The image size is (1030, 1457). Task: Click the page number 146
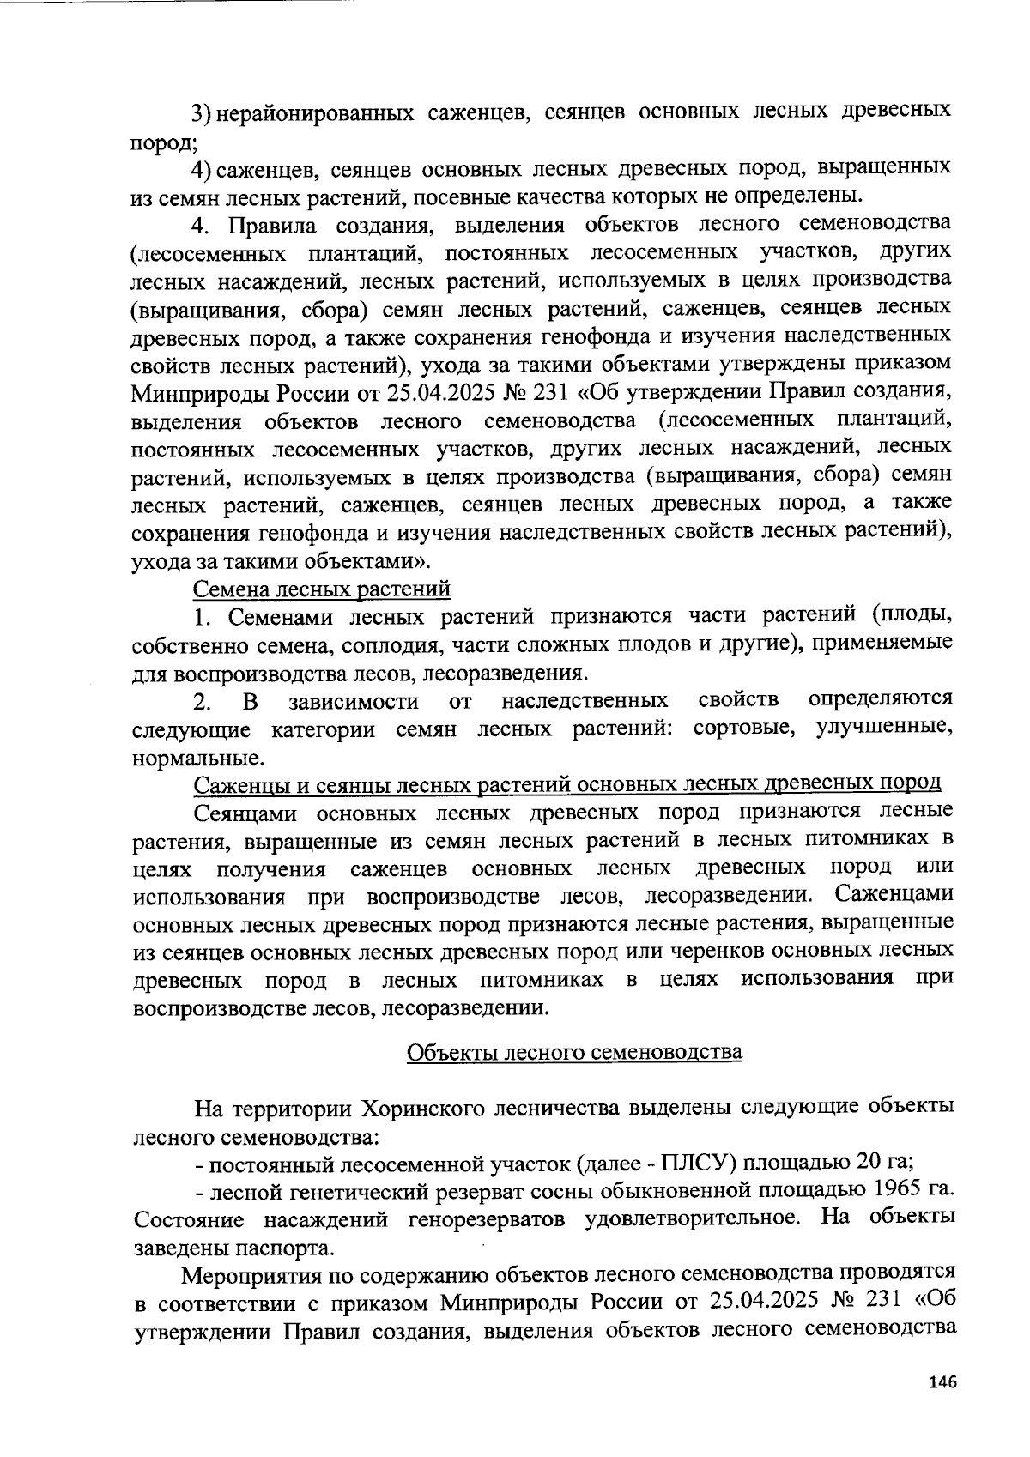(x=941, y=1382)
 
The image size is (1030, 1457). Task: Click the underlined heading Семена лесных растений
(x=322, y=589)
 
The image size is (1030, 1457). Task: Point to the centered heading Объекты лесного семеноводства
(x=573, y=1052)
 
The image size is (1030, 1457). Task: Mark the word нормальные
(x=197, y=758)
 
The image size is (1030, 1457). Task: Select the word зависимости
(x=354, y=702)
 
